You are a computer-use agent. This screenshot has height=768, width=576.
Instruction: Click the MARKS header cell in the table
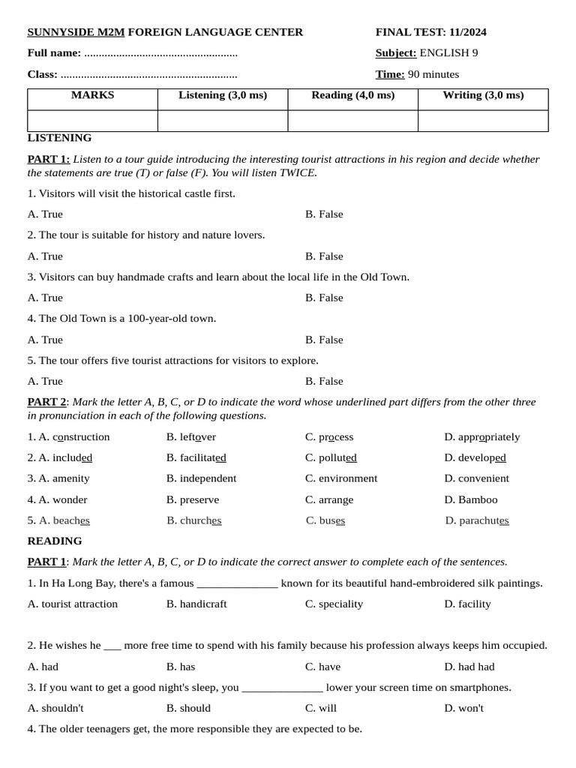pyautogui.click(x=92, y=95)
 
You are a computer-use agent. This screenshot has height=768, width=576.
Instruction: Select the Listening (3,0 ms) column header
pyautogui.click(x=223, y=95)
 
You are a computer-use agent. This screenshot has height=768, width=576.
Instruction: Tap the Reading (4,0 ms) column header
pyautogui.click(x=352, y=95)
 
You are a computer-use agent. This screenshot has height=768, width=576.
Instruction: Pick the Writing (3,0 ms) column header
pyautogui.click(x=483, y=95)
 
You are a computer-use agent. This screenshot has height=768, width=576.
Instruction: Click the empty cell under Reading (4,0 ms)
pyautogui.click(x=352, y=121)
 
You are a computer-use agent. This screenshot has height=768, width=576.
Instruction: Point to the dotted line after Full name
pyautogui.click(x=160, y=53)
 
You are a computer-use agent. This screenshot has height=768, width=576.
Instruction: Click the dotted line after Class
pyautogui.click(x=148, y=74)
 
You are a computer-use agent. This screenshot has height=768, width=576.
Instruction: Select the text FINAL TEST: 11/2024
pyautogui.click(x=430, y=32)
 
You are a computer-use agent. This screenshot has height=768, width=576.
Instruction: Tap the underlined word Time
pyautogui.click(x=389, y=74)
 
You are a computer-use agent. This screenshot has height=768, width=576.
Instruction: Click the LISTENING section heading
pyautogui.click(x=59, y=138)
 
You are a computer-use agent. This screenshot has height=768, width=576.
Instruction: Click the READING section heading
pyautogui.click(x=55, y=541)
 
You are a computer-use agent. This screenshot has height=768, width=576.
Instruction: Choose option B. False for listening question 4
pyautogui.click(x=324, y=340)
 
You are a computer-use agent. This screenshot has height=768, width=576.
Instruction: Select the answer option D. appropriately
pyautogui.click(x=481, y=437)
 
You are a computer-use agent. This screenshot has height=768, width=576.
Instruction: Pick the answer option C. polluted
pyautogui.click(x=331, y=457)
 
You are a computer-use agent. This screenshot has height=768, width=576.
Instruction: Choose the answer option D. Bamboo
pyautogui.click(x=470, y=499)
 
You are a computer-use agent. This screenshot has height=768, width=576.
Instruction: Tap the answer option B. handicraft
pyautogui.click(x=196, y=604)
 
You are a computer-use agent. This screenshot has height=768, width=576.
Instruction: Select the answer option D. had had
pyautogui.click(x=469, y=667)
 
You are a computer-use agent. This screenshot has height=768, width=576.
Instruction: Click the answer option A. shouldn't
pyautogui.click(x=55, y=708)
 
